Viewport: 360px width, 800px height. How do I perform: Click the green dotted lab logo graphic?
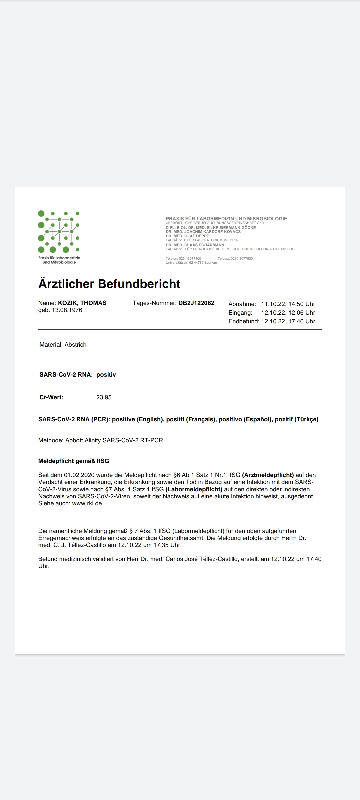tap(59, 232)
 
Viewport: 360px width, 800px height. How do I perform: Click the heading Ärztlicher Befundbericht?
tap(109, 284)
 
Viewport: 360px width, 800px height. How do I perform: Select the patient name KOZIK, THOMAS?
tap(82, 303)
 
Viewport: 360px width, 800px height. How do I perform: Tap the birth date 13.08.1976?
tap(67, 310)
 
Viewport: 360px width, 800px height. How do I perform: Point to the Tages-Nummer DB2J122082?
tap(196, 303)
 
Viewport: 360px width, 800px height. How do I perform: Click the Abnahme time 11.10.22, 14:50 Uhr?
tap(288, 304)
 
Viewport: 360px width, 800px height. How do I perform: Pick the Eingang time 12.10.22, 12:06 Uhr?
tap(288, 313)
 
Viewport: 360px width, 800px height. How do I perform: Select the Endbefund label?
tap(243, 321)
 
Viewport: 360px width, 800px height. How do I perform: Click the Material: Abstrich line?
tap(63, 345)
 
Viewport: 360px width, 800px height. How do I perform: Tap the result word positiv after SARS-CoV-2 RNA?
tap(106, 375)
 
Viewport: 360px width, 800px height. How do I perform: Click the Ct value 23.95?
tap(104, 397)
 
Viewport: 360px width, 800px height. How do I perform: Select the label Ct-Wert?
tap(51, 397)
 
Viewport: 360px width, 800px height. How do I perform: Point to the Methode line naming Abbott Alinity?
tap(101, 440)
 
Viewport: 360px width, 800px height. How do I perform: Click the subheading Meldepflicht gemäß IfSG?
tap(74, 461)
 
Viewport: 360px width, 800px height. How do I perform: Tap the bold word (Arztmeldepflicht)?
tap(268, 475)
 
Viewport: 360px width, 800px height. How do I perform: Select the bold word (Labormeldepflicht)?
tap(194, 489)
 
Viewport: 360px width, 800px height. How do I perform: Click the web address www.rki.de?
tap(87, 503)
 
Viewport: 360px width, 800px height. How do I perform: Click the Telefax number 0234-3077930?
tap(242, 259)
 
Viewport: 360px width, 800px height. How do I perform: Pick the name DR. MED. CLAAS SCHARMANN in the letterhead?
tap(195, 245)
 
